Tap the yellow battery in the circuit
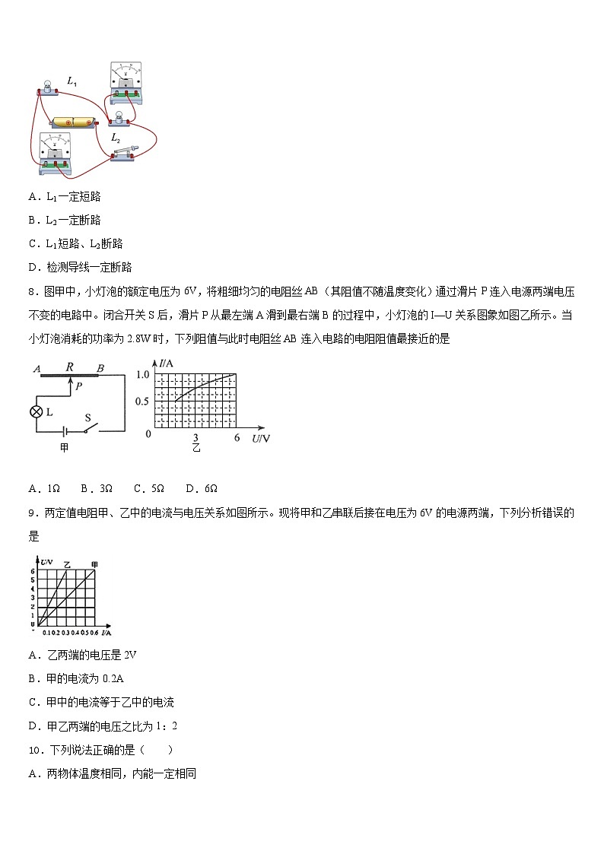tap(74, 122)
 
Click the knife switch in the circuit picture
tap(124, 152)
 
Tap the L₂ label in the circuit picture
tap(116, 138)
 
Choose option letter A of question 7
tap(33, 197)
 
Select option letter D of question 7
tap(33, 267)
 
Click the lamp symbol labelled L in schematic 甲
tap(35, 411)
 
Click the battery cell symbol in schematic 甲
tap(65, 430)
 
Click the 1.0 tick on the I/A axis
tap(142, 375)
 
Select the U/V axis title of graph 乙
tap(261, 439)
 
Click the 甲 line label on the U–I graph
tap(94, 564)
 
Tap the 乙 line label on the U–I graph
tap(67, 564)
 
